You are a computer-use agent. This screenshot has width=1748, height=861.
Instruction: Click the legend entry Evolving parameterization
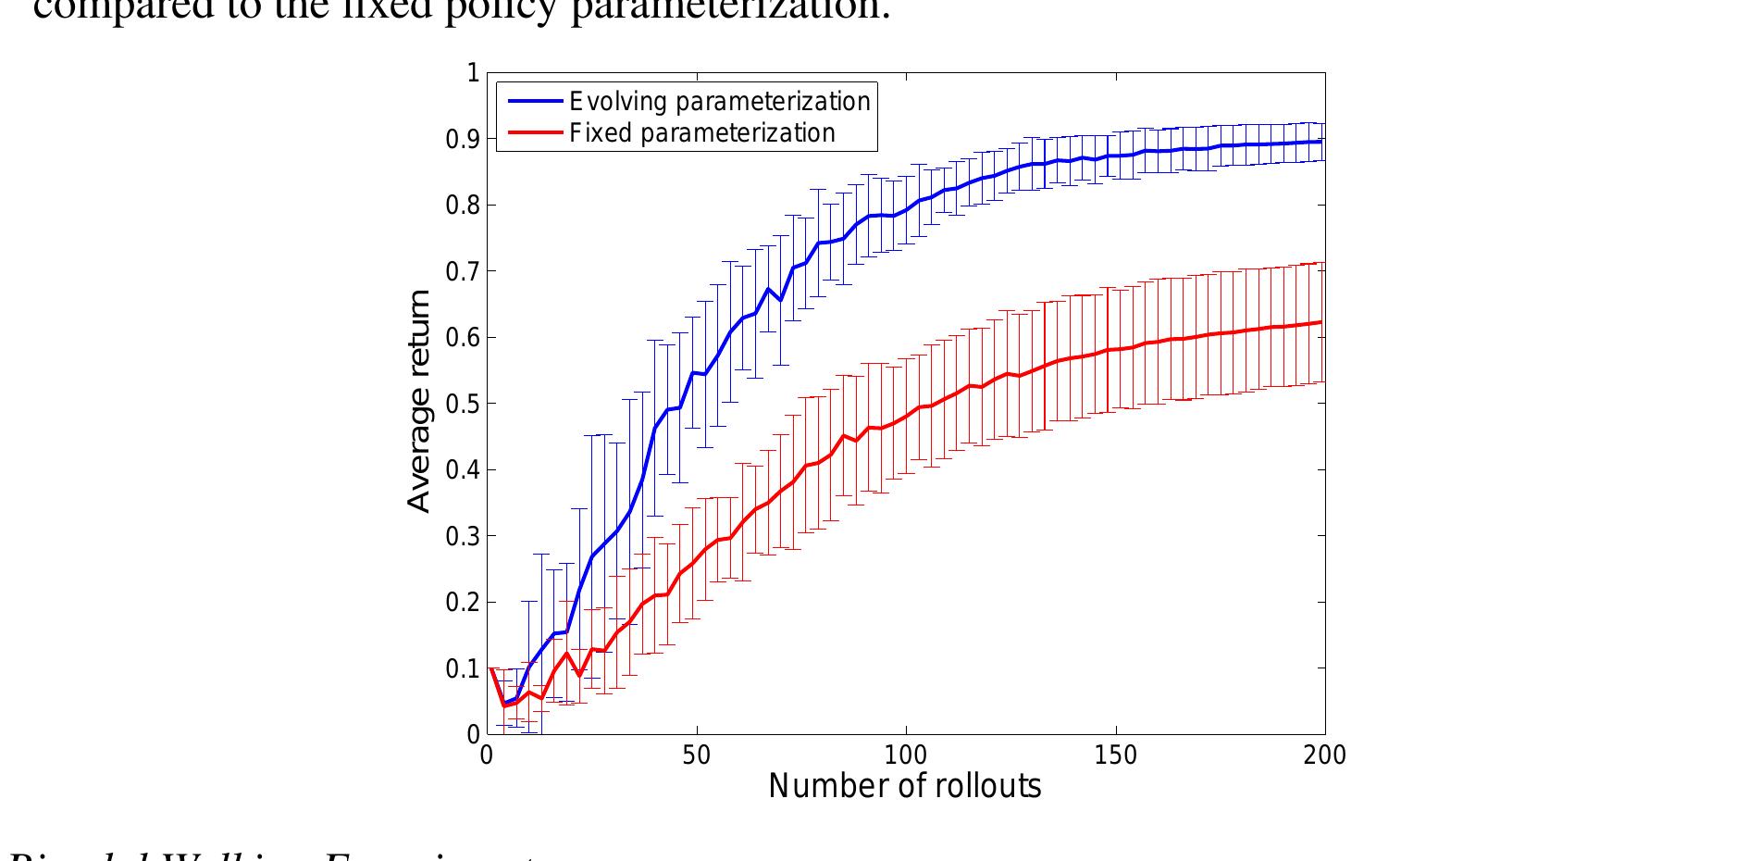(x=720, y=100)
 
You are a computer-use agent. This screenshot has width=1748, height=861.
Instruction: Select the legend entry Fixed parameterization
(x=702, y=133)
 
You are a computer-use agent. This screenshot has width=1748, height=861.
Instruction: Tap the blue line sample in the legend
(x=532, y=100)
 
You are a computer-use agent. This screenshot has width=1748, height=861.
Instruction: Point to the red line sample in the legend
(x=532, y=133)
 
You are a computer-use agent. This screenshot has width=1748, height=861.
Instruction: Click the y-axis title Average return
(x=419, y=400)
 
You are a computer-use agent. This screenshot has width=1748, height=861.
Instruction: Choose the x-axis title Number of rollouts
(x=905, y=786)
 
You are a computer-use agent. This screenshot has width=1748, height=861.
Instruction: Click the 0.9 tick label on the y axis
(x=463, y=139)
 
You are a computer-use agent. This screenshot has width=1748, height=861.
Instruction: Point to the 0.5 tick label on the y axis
(x=463, y=404)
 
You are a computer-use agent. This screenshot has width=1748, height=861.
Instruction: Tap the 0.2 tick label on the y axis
(x=463, y=603)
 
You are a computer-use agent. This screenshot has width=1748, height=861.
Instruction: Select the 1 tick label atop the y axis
(x=474, y=72)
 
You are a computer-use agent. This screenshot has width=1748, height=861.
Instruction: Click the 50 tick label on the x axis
(x=696, y=755)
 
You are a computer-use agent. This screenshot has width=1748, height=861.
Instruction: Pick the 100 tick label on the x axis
(x=905, y=755)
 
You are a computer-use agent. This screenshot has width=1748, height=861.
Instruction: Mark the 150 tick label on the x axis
(x=1115, y=755)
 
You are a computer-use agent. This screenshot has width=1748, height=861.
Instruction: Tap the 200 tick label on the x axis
(x=1324, y=755)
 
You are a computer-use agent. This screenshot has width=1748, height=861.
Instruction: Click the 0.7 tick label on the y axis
(x=463, y=271)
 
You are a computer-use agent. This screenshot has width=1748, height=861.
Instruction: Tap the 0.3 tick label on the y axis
(x=463, y=536)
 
